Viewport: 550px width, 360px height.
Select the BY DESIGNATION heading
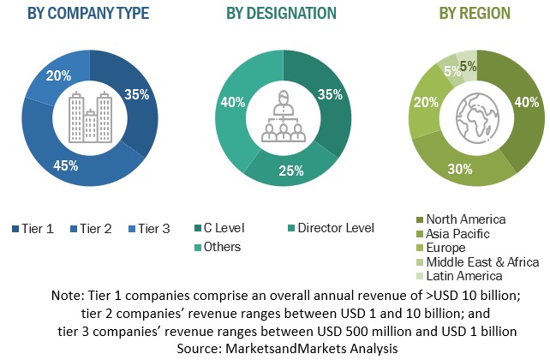[x=281, y=13]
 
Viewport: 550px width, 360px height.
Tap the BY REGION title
[x=474, y=13]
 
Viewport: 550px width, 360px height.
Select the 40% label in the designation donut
[x=229, y=104]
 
